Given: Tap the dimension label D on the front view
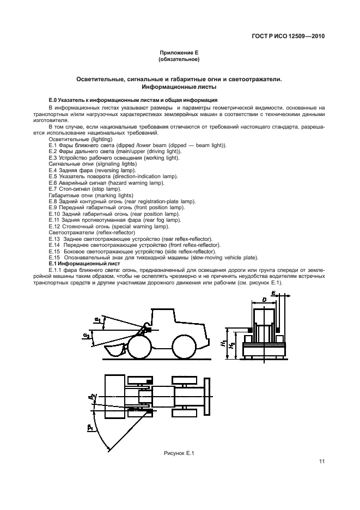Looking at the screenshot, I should click(x=264, y=300).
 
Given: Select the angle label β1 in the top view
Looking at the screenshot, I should click(x=90, y=429).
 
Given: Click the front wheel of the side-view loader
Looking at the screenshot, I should click(x=139, y=348).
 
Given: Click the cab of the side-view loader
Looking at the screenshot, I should click(x=168, y=321).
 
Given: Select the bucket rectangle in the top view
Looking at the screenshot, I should click(x=116, y=398).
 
